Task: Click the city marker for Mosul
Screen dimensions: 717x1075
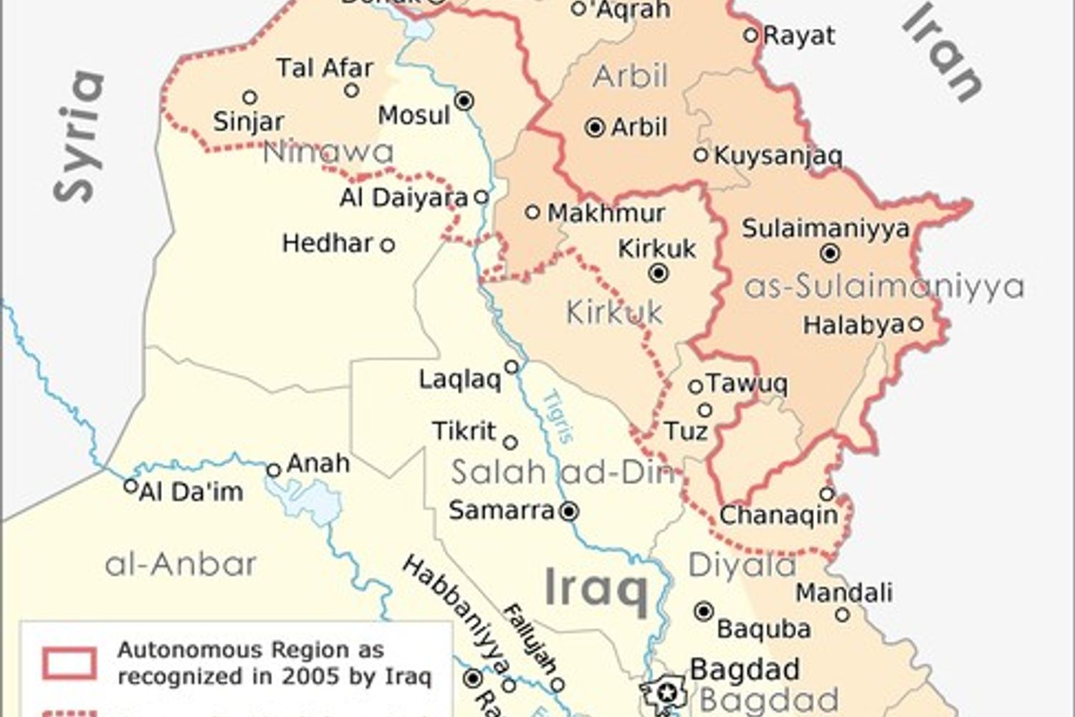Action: click(x=464, y=101)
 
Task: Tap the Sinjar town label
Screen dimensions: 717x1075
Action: click(x=249, y=121)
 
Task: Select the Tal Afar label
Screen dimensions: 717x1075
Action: click(x=325, y=68)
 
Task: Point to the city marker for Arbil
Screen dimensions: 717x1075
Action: click(x=595, y=128)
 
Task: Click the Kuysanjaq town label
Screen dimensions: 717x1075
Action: click(x=778, y=156)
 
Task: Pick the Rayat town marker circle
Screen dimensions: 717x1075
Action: click(x=751, y=34)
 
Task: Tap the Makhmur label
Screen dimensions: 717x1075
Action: click(x=606, y=213)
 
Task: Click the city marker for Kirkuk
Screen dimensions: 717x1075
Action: click(x=659, y=273)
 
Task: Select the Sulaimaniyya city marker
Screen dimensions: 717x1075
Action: click(x=830, y=253)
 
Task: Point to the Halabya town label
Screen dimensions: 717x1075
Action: click(x=853, y=325)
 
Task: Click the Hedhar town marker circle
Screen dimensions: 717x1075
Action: click(x=387, y=245)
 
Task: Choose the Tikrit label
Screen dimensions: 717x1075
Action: click(x=464, y=431)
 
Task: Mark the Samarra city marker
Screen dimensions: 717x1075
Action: click(x=569, y=511)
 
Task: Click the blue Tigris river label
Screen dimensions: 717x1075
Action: click(x=558, y=417)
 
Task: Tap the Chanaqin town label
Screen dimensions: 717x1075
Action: click(x=778, y=515)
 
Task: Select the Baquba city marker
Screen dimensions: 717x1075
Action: click(x=704, y=612)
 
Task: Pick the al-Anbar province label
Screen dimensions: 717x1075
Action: click(x=181, y=564)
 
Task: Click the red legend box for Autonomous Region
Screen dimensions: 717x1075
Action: click(x=70, y=663)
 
